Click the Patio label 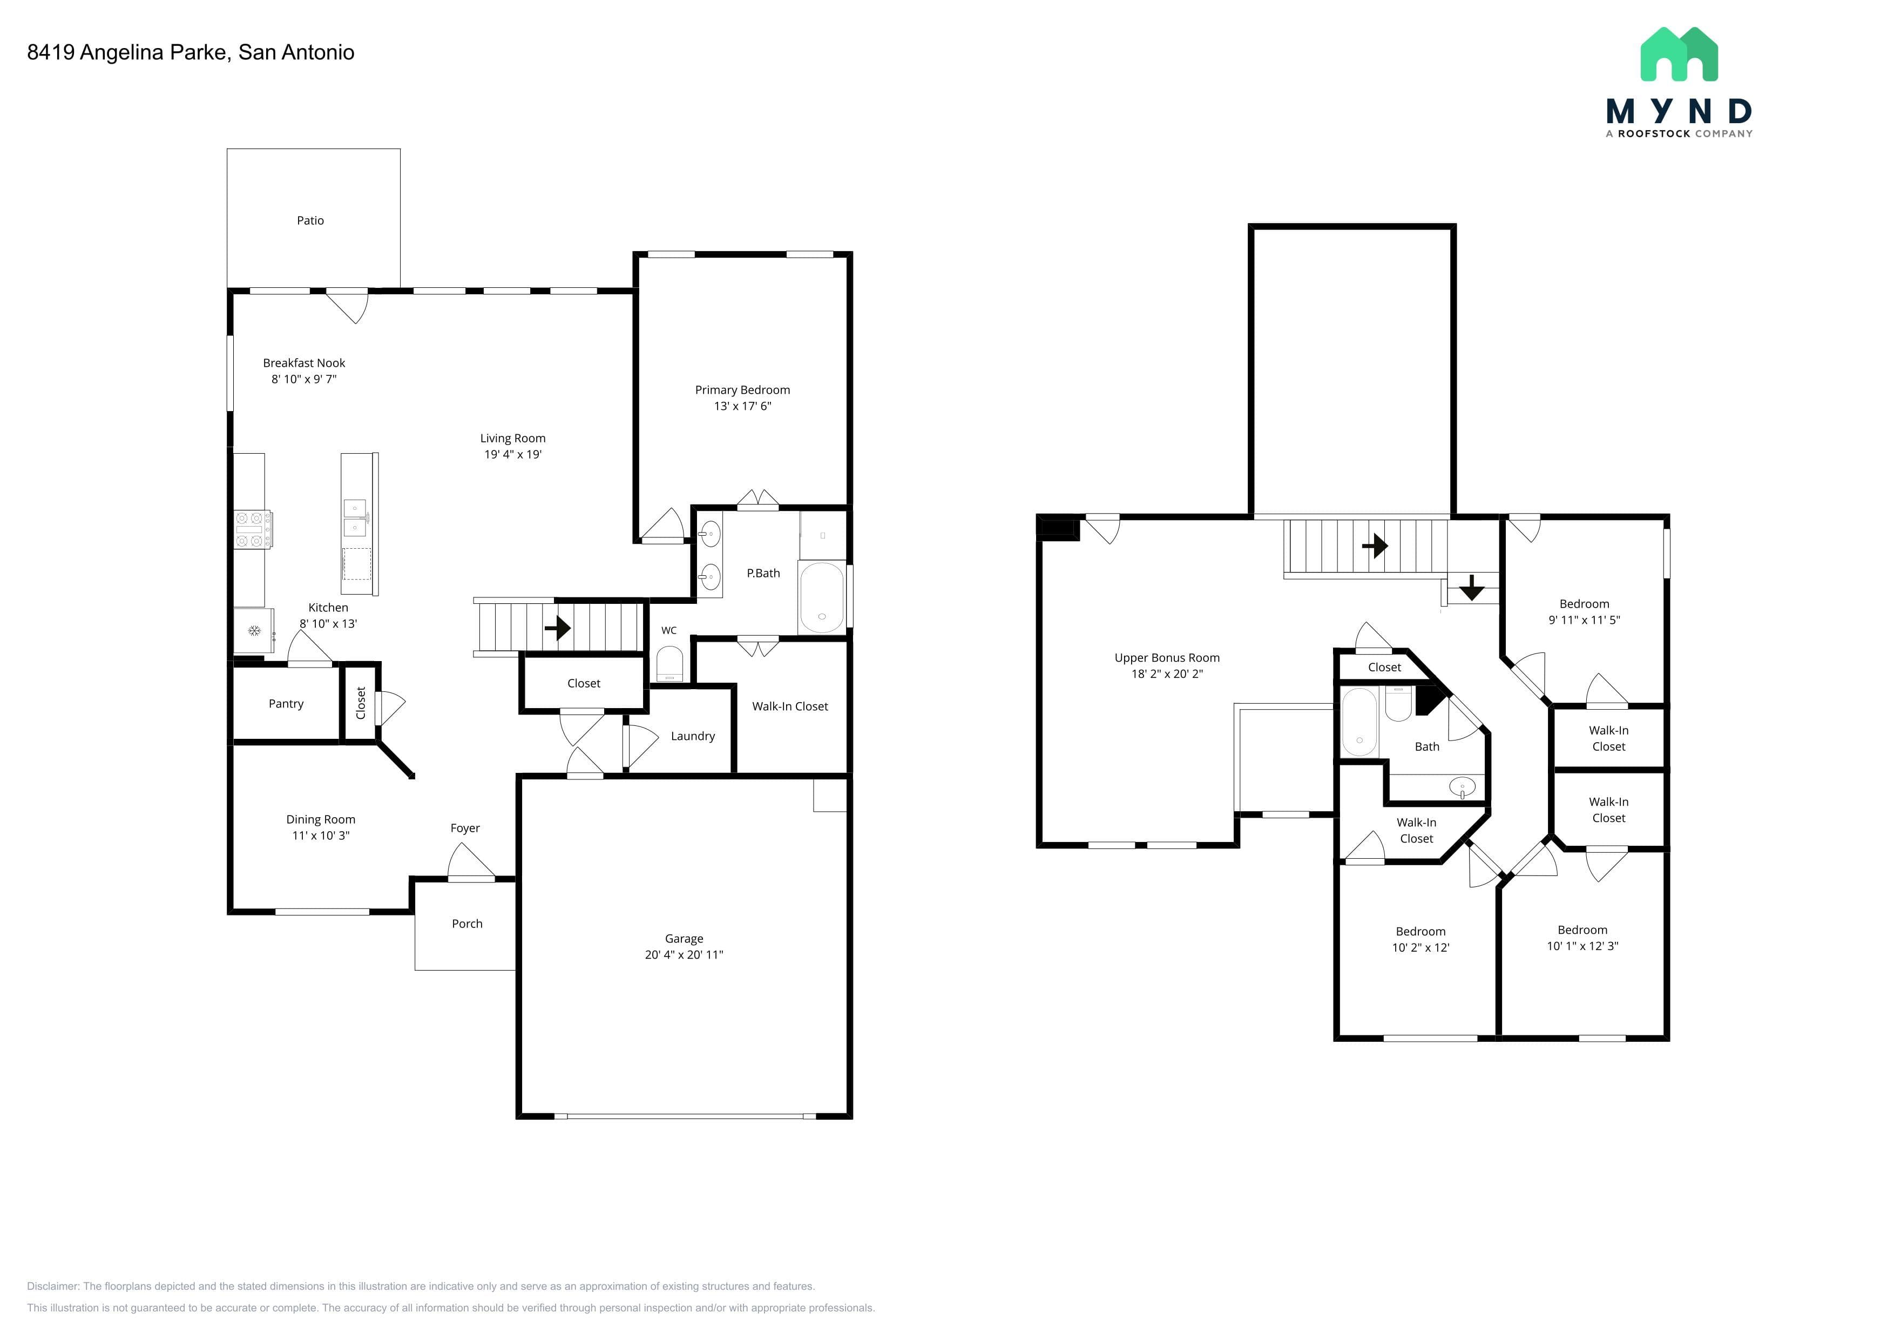[x=310, y=220]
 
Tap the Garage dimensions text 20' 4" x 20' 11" [x=684, y=955]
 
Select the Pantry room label [x=286, y=704]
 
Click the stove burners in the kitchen [x=253, y=529]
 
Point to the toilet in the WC [x=669, y=663]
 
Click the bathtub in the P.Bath [x=822, y=597]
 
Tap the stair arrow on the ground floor [x=558, y=628]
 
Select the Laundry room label [x=693, y=736]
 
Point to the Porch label [x=467, y=924]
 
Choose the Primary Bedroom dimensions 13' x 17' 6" [x=742, y=406]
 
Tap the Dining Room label [x=321, y=819]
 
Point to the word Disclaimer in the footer [x=53, y=1287]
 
